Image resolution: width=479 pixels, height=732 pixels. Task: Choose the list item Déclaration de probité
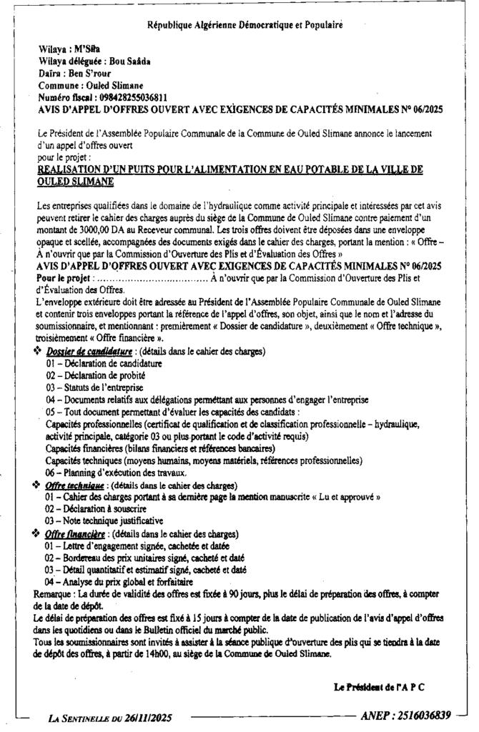pos(99,375)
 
